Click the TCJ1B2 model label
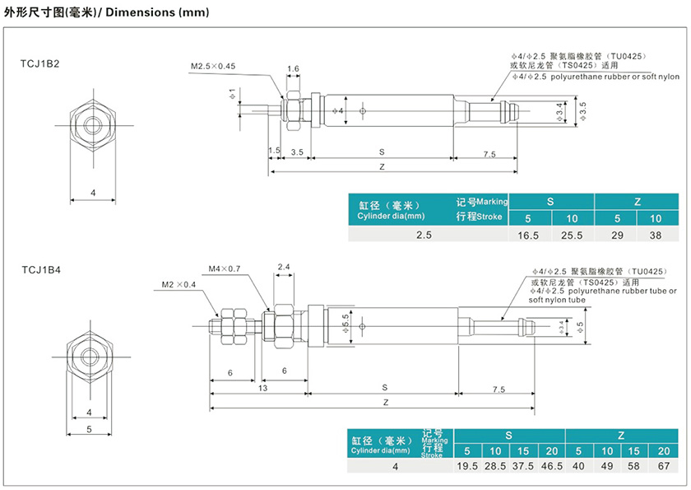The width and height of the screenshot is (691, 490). click(40, 63)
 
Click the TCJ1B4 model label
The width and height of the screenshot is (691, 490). click(40, 269)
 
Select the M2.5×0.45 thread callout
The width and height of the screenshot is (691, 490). click(213, 66)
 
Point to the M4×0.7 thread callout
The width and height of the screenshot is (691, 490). click(224, 268)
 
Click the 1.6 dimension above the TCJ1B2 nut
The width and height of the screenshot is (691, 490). click(293, 68)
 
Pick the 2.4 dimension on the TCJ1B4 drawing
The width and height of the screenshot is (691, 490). click(284, 266)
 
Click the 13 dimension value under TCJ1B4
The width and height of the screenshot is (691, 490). click(262, 387)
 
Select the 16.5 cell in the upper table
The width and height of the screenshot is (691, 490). click(528, 235)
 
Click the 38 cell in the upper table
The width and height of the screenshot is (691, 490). click(656, 235)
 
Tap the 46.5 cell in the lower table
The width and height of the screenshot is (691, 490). click(552, 466)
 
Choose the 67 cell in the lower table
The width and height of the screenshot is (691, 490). click(663, 466)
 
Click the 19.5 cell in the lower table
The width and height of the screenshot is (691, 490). click(467, 466)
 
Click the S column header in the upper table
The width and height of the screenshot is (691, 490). click(550, 201)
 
